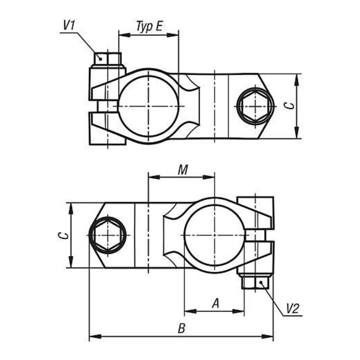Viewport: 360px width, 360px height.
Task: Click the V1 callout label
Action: coord(69,25)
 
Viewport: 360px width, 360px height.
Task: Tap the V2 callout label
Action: coord(292,308)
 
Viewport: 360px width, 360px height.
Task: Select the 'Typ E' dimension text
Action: coord(149,26)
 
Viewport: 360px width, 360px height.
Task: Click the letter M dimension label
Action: coord(183,170)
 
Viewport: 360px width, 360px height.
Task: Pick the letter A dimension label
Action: coord(215,303)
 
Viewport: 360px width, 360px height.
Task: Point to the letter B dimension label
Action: coord(181,328)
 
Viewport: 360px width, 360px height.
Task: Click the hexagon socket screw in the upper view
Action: coord(255,106)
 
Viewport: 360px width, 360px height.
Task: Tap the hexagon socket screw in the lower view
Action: coord(107,235)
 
